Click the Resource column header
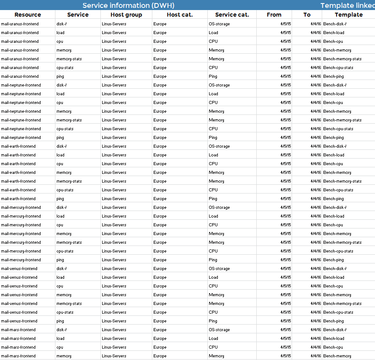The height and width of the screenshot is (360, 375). pos(28,15)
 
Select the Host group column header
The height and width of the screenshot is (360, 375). pos(126,15)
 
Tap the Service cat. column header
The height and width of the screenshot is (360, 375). pos(232,15)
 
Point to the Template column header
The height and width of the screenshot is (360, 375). pos(348,15)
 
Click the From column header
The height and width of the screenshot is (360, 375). pos(274,15)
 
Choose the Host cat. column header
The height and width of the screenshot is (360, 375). pos(179,15)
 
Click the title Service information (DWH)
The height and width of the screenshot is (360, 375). pos(128,5)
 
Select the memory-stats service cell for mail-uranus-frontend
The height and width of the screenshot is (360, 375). pos(69,59)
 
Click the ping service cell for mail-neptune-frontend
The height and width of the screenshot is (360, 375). pos(60,138)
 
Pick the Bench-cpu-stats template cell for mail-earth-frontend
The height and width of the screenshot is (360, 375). pos(338,190)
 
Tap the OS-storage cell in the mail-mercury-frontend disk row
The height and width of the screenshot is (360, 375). pos(219,208)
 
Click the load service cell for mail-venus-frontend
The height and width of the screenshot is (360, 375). pos(60,277)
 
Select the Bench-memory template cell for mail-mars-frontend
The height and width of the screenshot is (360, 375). pos(337,356)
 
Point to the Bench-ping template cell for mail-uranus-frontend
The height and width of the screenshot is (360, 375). pos(334,76)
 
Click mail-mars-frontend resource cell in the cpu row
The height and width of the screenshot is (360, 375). pos(18,347)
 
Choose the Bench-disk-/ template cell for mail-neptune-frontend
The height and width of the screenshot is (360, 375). pos(335,85)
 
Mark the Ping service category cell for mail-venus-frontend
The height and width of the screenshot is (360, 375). pos(213,321)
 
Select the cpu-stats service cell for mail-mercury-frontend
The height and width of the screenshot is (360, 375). pos(65,251)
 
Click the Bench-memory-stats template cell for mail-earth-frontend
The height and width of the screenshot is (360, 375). pos(342,181)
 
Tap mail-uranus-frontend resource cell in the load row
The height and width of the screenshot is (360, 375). pos(20,33)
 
